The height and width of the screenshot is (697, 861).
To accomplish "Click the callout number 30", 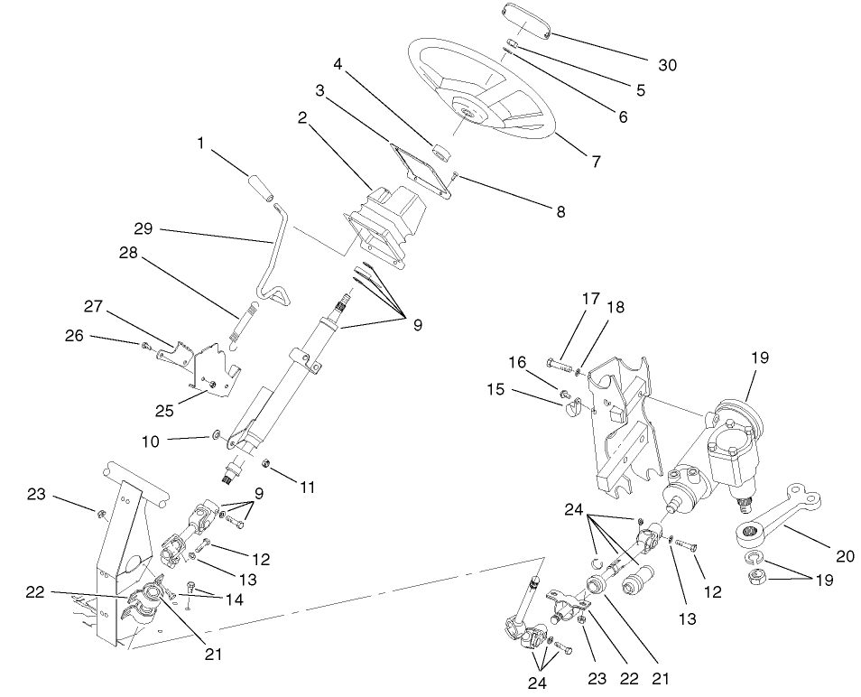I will tap(666, 65).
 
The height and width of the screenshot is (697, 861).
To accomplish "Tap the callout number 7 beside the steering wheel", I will tap(596, 162).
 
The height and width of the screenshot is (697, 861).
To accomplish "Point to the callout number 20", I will tap(845, 556).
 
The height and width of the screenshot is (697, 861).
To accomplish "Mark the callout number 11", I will tap(309, 487).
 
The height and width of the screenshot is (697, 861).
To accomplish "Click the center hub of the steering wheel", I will tap(469, 110).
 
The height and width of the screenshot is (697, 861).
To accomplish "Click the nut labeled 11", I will tap(267, 464).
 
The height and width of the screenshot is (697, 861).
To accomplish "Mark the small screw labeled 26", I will tap(144, 344).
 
